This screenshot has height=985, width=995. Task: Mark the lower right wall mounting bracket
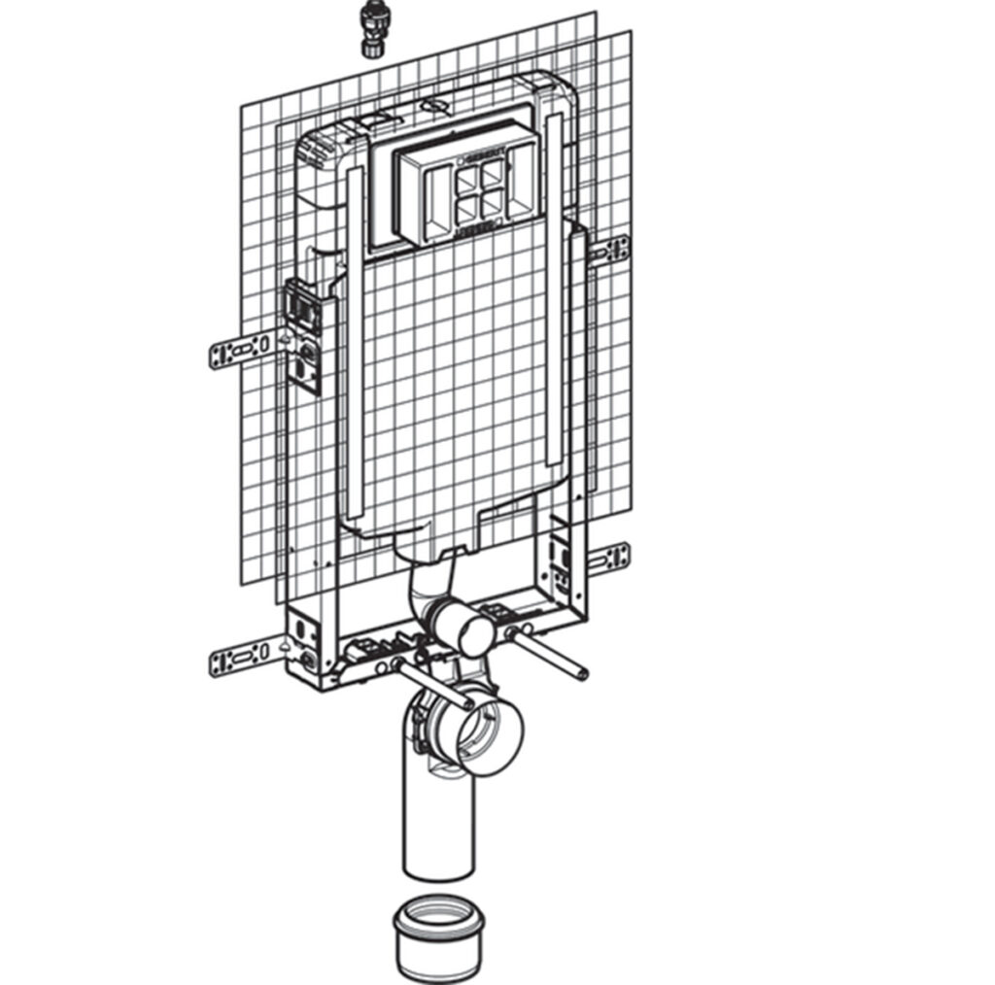[609, 558]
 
